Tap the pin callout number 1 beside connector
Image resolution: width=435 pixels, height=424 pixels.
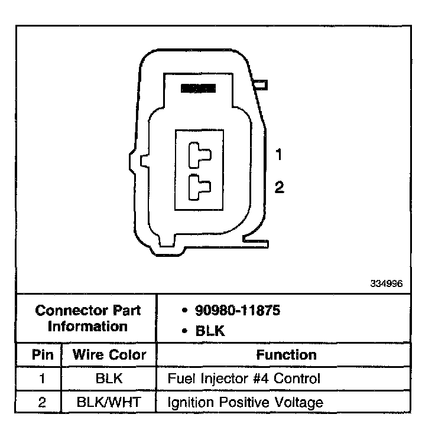pos(280,155)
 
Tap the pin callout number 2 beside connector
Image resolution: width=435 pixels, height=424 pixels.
pos(280,187)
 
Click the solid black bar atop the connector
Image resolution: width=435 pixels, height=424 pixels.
pos(198,88)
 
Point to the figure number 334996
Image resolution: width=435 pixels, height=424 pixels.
pos(387,283)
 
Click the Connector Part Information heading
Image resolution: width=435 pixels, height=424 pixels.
pos(88,318)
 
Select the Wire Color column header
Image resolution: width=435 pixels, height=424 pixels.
pos(109,355)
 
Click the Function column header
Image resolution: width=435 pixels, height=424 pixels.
pos(286,355)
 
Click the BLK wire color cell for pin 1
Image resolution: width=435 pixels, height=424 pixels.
pos(109,379)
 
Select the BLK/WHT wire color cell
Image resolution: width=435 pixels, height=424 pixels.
pos(109,403)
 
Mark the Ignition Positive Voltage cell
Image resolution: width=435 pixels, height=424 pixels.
pos(245,403)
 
